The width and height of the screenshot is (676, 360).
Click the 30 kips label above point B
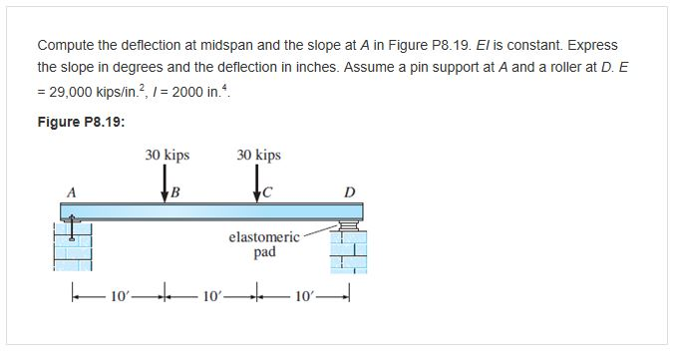(167, 156)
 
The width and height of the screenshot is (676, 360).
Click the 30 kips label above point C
(259, 156)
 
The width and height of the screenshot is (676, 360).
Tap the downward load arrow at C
(258, 184)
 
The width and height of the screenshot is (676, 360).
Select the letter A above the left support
(71, 190)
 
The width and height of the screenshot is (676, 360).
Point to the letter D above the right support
(349, 190)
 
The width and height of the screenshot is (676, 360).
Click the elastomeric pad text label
(263, 244)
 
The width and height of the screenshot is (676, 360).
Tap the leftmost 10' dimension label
(118, 297)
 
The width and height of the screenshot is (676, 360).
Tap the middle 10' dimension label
(211, 297)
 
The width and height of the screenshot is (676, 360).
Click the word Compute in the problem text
(66, 46)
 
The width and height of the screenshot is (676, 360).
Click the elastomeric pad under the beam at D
(348, 226)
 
